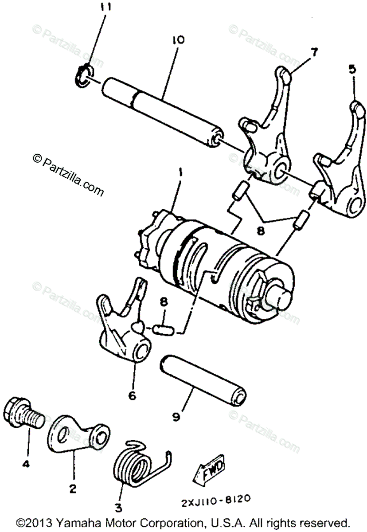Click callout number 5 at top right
(x=352, y=70)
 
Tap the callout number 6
(x=132, y=395)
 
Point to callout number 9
(x=176, y=416)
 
